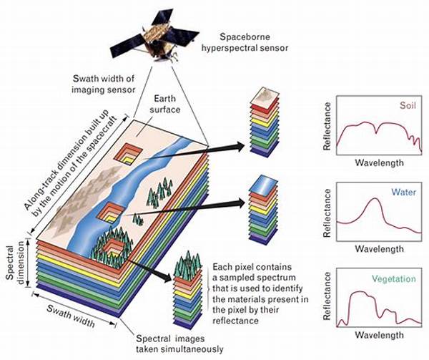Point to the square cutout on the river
pos(111,211)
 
